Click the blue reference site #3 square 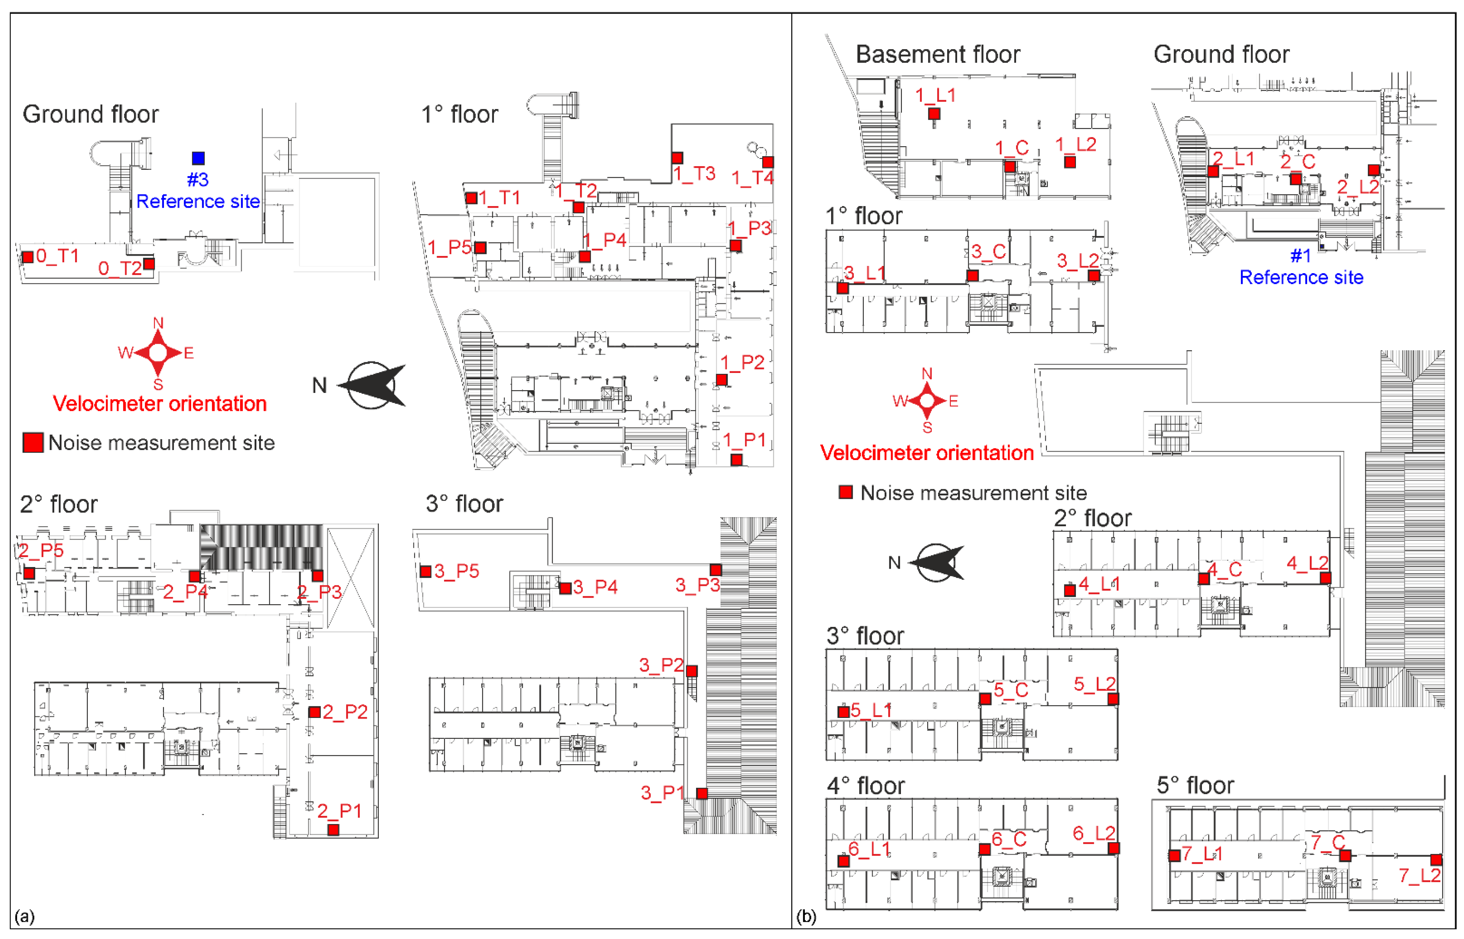click(198, 158)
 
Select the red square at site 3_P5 click(426, 571)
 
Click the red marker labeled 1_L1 click(934, 113)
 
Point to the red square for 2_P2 click(314, 712)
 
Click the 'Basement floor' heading click(938, 54)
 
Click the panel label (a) click(24, 916)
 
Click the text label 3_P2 click(660, 665)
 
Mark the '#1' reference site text click(1300, 256)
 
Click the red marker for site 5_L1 click(844, 712)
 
